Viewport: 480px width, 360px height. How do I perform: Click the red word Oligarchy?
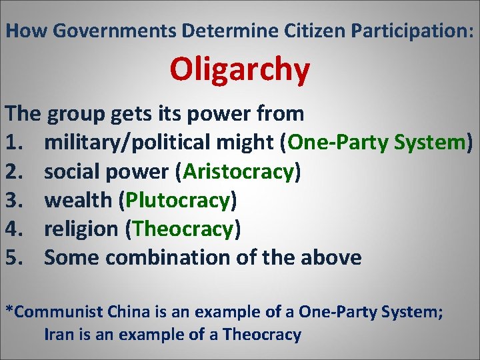239,69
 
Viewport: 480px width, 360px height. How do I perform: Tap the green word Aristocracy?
238,171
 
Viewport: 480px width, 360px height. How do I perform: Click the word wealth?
81,200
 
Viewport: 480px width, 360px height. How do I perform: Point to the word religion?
81,229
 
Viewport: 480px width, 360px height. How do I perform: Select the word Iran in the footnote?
57,334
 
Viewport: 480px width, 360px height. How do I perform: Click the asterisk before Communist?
9,309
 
